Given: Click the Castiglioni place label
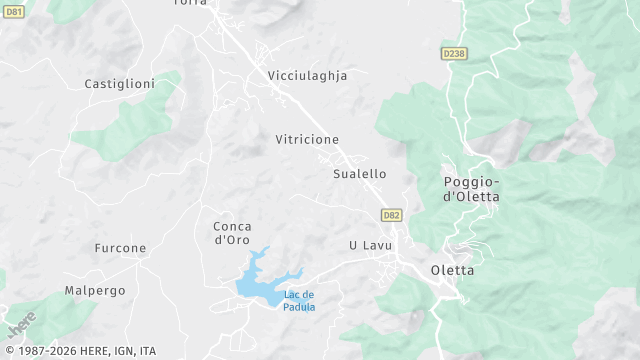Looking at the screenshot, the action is pyautogui.click(x=118, y=84).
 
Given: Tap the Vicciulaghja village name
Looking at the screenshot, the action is pyautogui.click(x=307, y=75).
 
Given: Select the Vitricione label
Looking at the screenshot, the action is pyautogui.click(x=307, y=139).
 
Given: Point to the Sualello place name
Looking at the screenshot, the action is pyautogui.click(x=359, y=174).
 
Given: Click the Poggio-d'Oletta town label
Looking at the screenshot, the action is pyautogui.click(x=471, y=189).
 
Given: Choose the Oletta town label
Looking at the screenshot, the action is pyautogui.click(x=452, y=270).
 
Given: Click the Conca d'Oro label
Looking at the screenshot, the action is pyautogui.click(x=232, y=233).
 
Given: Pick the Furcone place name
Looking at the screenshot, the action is pyautogui.click(x=120, y=248).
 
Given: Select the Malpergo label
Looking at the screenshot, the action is pyautogui.click(x=95, y=290).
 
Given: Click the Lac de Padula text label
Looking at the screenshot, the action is pyautogui.click(x=299, y=300).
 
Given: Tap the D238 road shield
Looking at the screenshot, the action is pyautogui.click(x=452, y=52).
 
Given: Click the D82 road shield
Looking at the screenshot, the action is pyautogui.click(x=391, y=215).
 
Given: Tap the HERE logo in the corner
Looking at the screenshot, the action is pyautogui.click(x=21, y=326).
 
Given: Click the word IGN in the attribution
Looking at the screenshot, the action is pyautogui.click(x=122, y=351).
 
